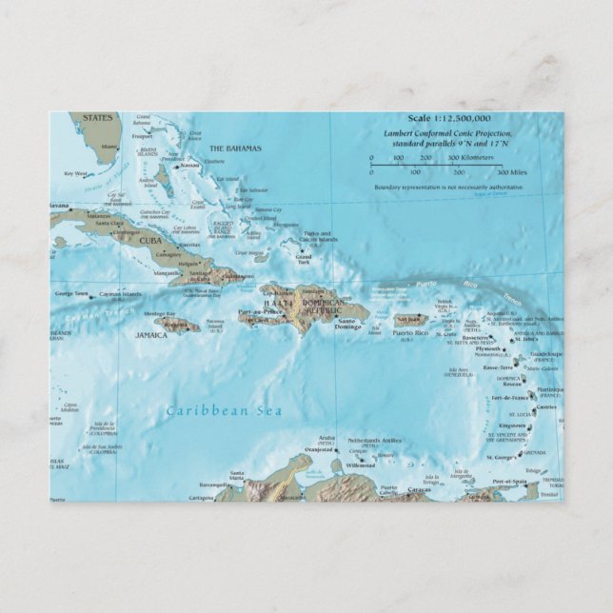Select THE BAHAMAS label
coord(235,148)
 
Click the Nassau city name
coord(190,165)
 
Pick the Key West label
coord(74,173)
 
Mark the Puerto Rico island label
coord(410,333)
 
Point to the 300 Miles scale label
coord(511,172)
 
